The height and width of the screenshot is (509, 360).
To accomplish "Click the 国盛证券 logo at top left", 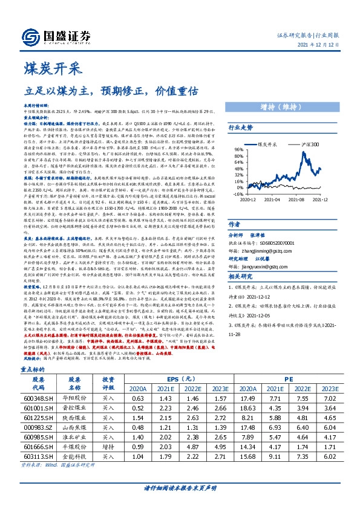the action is point(51,33).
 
